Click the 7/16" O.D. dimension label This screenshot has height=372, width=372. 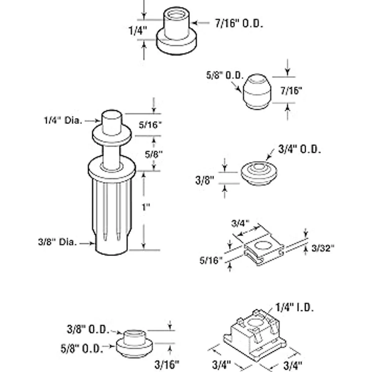click(239, 24)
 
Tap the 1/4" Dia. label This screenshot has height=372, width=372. click(63, 121)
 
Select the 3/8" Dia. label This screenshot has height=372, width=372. click(58, 242)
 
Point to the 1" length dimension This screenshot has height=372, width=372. click(146, 207)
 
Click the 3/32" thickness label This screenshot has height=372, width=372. click(323, 248)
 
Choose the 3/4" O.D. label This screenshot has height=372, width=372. click(299, 149)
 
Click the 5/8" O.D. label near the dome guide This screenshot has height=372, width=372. click(225, 75)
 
